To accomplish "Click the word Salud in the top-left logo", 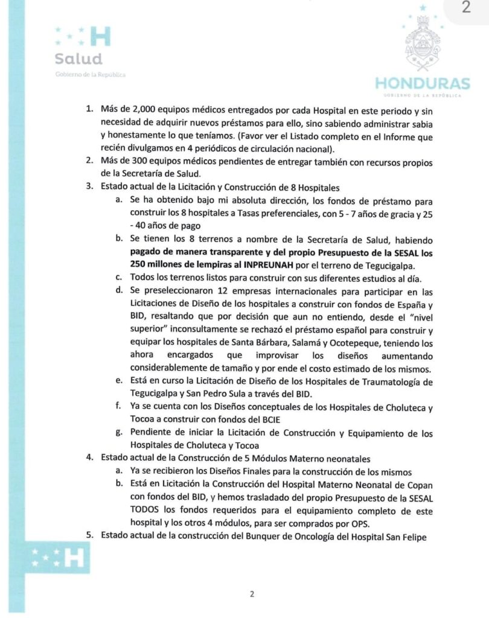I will coord(78,59).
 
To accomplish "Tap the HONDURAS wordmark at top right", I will coord(423,83).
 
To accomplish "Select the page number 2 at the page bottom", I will coord(252,594).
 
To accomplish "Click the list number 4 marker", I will coord(89,458).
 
